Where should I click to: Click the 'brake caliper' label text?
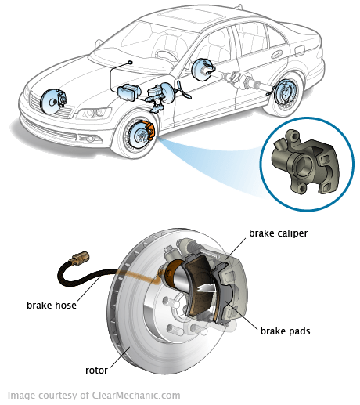point(279,233)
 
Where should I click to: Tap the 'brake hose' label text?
point(52,305)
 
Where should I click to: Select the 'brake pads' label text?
point(285,331)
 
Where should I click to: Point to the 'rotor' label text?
point(96,371)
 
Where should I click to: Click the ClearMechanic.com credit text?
point(94,396)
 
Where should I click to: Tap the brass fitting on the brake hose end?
point(79,258)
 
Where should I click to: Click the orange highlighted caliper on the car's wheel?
point(149,129)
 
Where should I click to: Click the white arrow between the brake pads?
point(206,287)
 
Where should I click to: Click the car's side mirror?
point(99,43)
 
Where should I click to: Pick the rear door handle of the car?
point(276,54)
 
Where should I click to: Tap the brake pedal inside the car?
point(185,91)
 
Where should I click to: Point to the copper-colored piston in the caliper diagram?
point(172,273)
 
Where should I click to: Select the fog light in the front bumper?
point(88,138)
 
